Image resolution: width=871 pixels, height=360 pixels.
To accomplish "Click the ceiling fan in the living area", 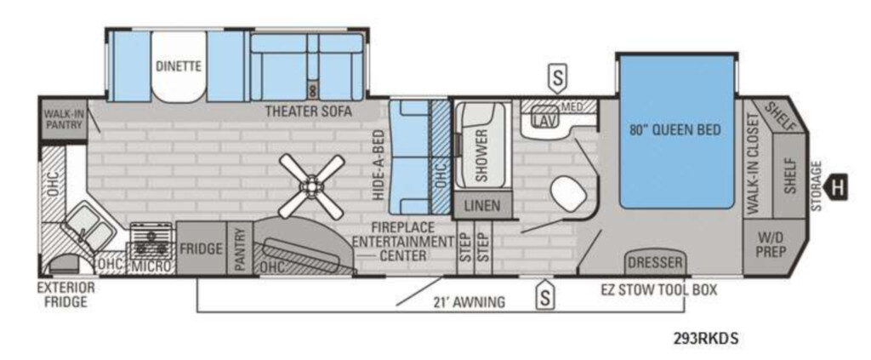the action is [311, 186].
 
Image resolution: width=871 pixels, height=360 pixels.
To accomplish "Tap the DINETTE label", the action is [179, 66].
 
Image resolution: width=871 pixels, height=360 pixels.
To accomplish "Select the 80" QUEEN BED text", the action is [675, 130].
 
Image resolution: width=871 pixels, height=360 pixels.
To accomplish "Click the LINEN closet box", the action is [481, 206].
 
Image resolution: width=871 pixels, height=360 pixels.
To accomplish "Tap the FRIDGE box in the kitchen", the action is [201, 249].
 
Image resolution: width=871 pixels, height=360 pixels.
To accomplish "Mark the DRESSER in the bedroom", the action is [656, 262].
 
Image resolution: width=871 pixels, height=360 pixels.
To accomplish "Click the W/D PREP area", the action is [771, 246].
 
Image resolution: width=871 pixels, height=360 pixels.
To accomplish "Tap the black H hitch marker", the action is [837, 187].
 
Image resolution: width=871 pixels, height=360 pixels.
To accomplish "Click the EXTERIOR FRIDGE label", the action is [65, 294].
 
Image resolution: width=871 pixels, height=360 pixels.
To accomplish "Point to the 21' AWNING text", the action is [470, 302].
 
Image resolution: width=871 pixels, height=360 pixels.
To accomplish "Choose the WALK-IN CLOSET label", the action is [753, 164].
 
